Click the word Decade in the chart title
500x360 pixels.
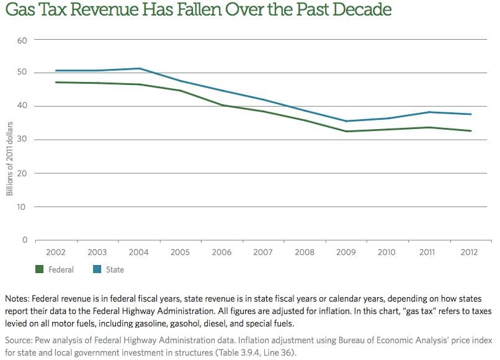pyautogui.click(x=359, y=11)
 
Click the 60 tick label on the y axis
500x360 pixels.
pyautogui.click(x=24, y=40)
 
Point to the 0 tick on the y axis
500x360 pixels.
pyautogui.click(x=25, y=240)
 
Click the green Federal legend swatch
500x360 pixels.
pyautogui.click(x=40, y=269)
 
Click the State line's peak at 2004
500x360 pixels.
pyautogui.click(x=140, y=68)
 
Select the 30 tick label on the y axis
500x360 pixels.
pyautogui.click(x=24, y=140)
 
